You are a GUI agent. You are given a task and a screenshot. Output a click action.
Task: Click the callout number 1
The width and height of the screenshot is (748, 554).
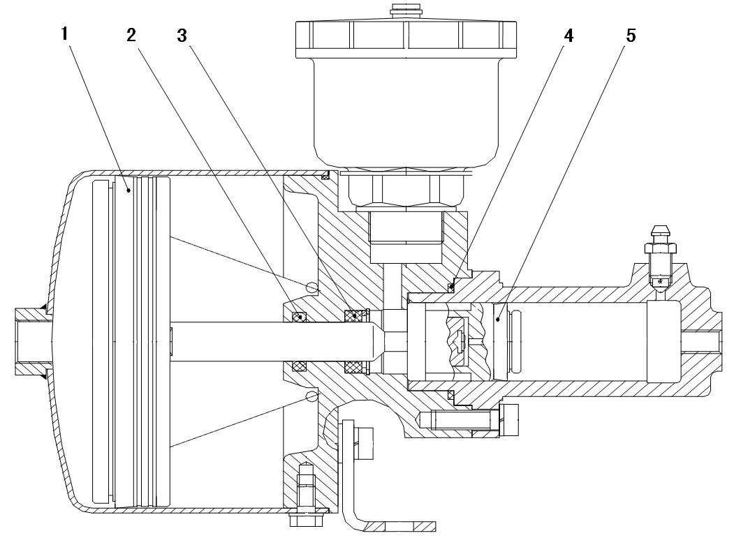(66, 34)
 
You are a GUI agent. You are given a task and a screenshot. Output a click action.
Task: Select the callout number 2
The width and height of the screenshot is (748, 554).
(131, 35)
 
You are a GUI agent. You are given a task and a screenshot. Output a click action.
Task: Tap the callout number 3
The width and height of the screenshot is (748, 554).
(182, 36)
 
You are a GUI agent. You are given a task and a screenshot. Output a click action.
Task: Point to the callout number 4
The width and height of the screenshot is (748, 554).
(568, 36)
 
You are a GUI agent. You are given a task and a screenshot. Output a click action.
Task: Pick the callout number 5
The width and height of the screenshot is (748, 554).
(631, 36)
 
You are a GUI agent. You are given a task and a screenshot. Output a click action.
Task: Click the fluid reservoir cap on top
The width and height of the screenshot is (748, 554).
(406, 39)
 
